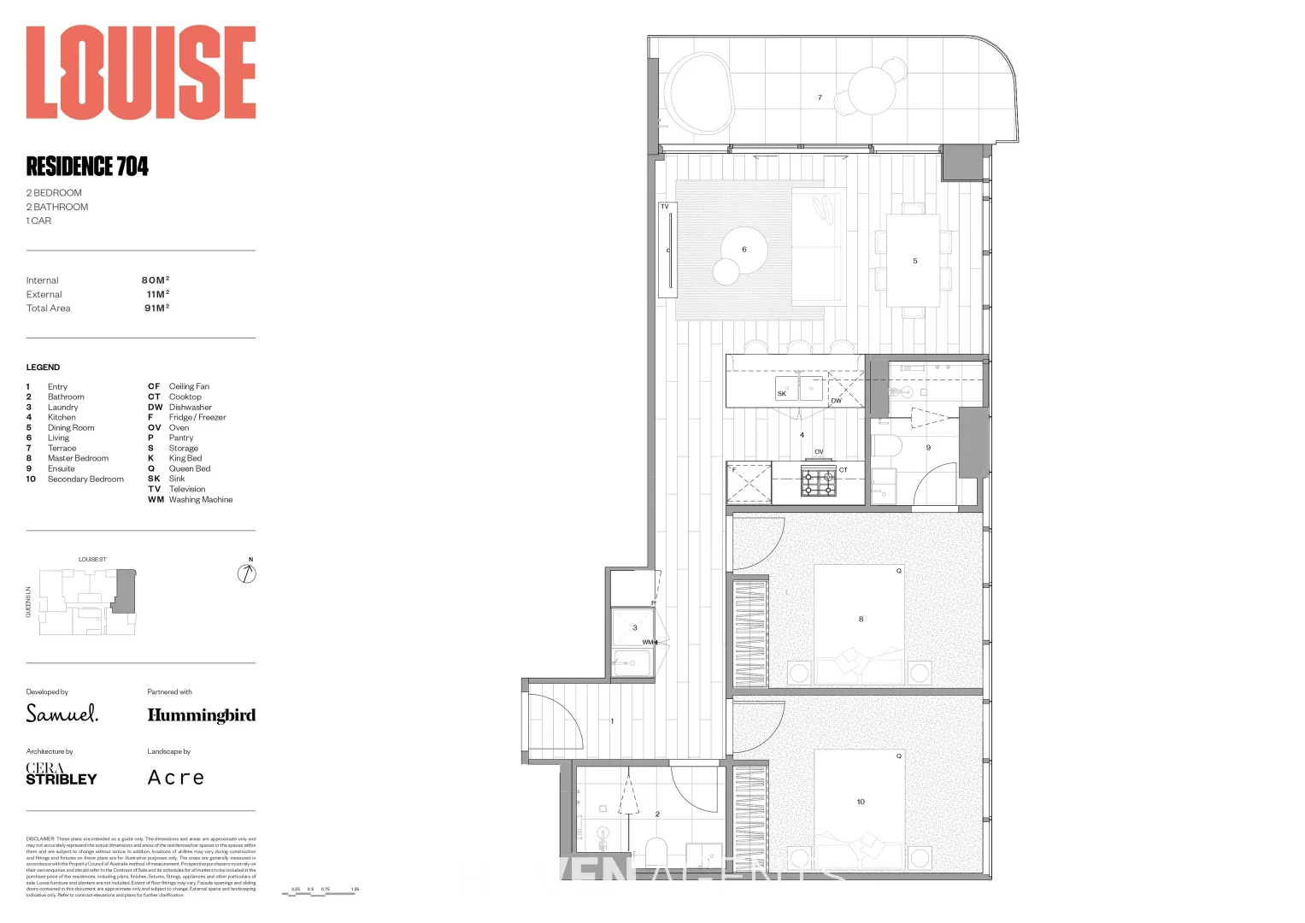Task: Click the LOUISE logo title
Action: click(x=141, y=73)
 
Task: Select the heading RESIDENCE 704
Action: click(x=87, y=166)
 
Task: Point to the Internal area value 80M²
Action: click(x=156, y=280)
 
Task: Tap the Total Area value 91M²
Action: click(x=156, y=309)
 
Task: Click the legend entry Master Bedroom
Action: click(x=78, y=459)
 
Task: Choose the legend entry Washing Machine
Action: click(x=200, y=500)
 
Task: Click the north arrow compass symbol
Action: click(x=247, y=573)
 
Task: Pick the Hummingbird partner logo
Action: click(x=201, y=715)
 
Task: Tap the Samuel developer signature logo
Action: click(x=62, y=714)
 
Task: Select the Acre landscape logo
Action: click(x=176, y=778)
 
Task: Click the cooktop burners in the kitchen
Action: click(x=818, y=483)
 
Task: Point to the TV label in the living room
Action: click(x=665, y=207)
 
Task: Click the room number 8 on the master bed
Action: click(x=861, y=620)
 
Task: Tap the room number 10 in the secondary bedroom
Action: click(x=861, y=802)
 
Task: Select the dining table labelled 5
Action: click(x=914, y=261)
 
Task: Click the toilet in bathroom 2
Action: click(x=655, y=850)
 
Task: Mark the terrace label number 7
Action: click(x=820, y=98)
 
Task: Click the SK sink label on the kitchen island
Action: click(x=781, y=394)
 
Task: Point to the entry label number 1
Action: click(x=612, y=721)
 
